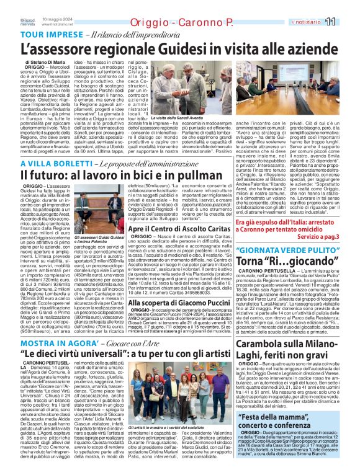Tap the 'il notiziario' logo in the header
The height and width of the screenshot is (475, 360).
pyautogui.click(x=307, y=22)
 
